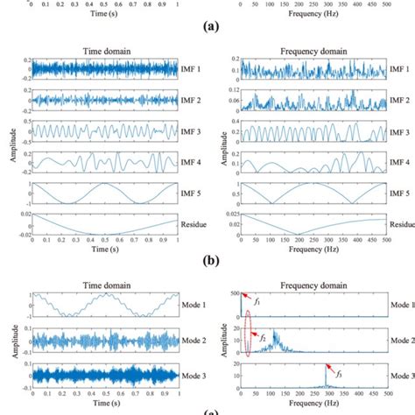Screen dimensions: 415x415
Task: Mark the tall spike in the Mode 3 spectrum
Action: tap(327, 376)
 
